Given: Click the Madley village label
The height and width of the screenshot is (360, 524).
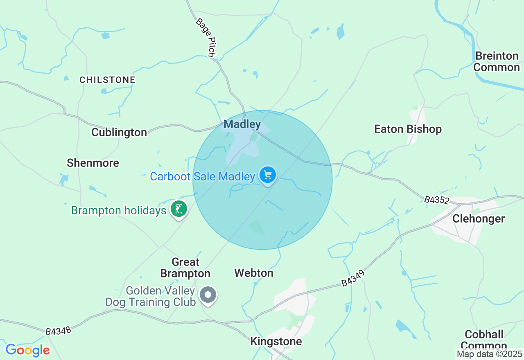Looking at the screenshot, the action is pos(242,124).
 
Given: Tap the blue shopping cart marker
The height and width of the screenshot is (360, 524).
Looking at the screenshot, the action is pos(268,175).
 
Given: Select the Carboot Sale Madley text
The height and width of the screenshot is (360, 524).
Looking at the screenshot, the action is pos(203,177).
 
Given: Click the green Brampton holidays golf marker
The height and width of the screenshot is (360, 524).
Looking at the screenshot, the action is pos(178,209).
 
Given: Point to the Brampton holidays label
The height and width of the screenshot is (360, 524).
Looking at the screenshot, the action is pos(119,211).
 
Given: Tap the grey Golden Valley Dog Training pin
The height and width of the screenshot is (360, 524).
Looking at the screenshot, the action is pos(208,295).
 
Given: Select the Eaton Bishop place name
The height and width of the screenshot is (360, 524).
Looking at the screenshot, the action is pos(408,129).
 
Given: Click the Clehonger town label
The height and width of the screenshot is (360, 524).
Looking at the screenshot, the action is pos(479,219).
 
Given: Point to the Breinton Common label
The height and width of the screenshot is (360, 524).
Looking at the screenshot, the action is pos(497,62).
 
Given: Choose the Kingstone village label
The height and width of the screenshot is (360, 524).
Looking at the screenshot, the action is pos(276,341).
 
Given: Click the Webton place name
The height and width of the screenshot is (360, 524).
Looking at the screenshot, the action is pos(254,273).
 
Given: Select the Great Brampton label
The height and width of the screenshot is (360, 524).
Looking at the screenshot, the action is pos(185,268).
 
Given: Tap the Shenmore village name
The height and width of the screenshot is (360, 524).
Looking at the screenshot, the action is pos(93,163).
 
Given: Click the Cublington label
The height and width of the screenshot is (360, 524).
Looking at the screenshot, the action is pos(119,133).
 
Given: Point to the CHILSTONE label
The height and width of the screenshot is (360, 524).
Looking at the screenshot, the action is pos(107,80).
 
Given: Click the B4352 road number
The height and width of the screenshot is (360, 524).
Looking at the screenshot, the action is pos(436,200).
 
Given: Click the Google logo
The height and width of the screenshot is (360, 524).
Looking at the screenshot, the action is pos(27,351).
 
